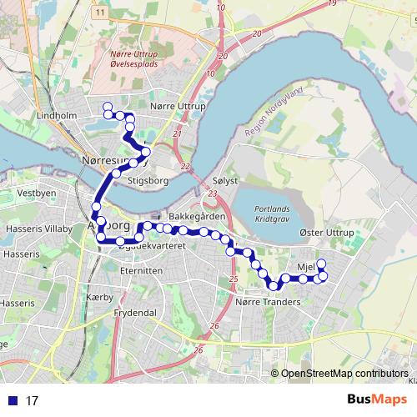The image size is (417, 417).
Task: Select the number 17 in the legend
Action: (x=33, y=400)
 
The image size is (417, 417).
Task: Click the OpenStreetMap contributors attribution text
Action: (x=344, y=374)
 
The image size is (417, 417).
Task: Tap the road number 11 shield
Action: (x=99, y=13)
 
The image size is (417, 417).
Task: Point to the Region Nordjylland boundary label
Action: (x=274, y=114)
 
